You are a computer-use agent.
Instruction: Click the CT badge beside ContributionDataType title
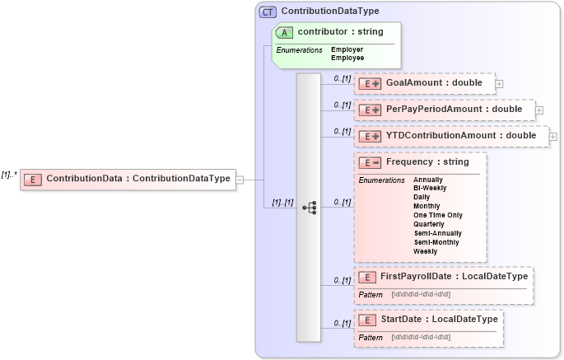coord(268,12)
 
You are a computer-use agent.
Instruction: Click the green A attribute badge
coord(284,32)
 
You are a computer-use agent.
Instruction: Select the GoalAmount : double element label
coord(434,83)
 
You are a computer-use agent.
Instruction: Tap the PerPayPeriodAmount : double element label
coord(454,109)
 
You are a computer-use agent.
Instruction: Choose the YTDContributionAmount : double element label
coord(461,135)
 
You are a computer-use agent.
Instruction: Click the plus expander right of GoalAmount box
coord(499,84)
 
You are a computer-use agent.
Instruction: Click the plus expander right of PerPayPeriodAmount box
coord(539,109)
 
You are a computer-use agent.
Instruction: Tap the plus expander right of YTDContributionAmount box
coord(552,136)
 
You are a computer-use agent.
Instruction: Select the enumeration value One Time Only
coord(437,214)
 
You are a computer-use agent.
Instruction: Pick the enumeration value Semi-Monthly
coord(436,242)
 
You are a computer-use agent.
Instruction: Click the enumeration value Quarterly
coord(428,224)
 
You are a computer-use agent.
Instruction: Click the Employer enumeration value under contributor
coord(347,49)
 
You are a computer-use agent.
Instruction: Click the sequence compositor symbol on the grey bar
coord(310,208)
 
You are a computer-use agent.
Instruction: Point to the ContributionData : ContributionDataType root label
coord(138,178)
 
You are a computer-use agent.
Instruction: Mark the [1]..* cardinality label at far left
coord(9,174)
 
